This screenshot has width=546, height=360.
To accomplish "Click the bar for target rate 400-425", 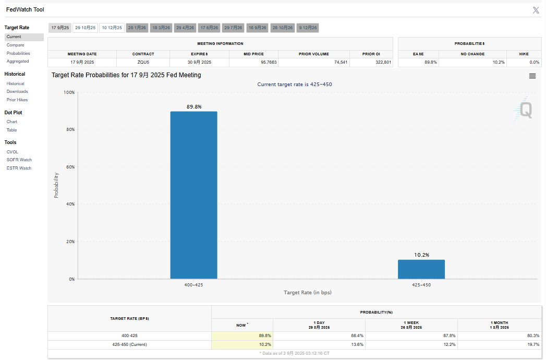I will point(193,195).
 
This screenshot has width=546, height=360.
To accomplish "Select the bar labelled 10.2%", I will point(421,269).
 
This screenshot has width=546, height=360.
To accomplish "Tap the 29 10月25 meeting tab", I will point(86,28).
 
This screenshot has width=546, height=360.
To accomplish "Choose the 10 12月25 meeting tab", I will point(112,28).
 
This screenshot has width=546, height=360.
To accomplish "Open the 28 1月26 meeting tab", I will point(137,28).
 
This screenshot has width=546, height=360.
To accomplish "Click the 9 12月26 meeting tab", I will point(308,28).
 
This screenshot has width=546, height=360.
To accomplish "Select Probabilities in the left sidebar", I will point(18,53).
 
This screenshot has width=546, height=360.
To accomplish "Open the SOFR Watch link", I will point(19,160).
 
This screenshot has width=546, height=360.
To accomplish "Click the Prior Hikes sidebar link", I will point(17,100).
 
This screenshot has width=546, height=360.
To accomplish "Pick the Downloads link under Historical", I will point(17,91).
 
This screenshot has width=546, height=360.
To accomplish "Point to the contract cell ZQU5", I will point(143,62).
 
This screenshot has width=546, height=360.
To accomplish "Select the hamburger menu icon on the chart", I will point(532,76).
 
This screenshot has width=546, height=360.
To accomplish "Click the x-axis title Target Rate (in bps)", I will point(307,292).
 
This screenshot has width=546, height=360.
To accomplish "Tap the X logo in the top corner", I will point(536,10).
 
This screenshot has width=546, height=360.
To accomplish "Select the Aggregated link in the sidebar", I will point(18,61).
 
